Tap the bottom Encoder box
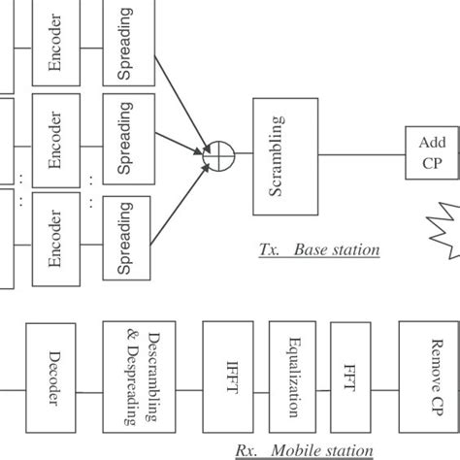(x=55, y=239)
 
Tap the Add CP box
(x=431, y=152)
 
